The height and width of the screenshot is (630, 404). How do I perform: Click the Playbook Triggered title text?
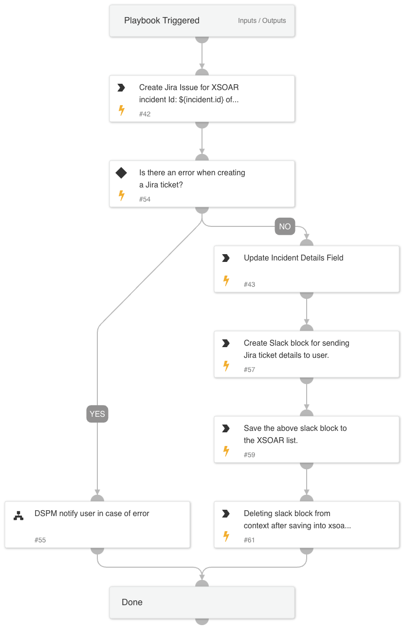[x=162, y=20]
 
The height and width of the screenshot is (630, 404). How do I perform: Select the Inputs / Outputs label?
[x=262, y=20]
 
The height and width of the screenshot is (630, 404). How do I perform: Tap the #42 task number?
[x=145, y=114]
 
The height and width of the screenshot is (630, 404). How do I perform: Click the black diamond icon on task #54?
[x=121, y=173]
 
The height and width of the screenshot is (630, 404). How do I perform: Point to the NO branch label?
[x=285, y=226]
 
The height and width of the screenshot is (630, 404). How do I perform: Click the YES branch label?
[x=97, y=414]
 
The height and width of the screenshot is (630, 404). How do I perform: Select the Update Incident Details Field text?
[x=294, y=258]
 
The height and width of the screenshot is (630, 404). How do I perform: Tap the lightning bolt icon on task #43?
[x=226, y=281]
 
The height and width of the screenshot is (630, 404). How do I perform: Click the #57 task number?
[x=249, y=370]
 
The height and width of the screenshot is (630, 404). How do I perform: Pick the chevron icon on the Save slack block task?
[x=226, y=428]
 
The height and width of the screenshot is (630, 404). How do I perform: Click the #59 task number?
[x=249, y=455]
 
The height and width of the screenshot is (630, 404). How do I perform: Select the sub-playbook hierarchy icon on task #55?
[x=18, y=516]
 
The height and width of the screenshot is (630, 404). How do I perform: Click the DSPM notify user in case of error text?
[x=92, y=513]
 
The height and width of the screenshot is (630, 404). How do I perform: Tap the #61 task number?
[x=249, y=540]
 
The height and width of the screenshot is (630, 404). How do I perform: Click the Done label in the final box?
[x=132, y=602]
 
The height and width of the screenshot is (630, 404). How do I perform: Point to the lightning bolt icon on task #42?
[x=122, y=111]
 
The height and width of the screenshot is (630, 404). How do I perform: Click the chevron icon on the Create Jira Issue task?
[x=121, y=88]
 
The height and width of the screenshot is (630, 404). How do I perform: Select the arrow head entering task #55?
[x=97, y=492]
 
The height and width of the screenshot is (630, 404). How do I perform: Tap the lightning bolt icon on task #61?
[x=226, y=537]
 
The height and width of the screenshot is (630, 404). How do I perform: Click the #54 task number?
[x=145, y=199]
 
